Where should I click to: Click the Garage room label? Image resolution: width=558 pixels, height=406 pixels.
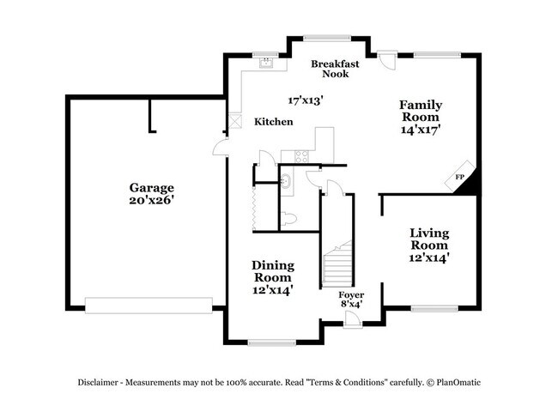pos(152,187)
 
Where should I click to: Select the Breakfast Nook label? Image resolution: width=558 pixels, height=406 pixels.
pos(336,69)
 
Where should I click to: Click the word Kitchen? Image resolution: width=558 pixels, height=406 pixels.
pos(274,122)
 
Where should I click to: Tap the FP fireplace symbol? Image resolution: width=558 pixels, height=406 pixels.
pos(459,178)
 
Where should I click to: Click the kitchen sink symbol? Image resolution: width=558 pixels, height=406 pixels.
pos(266,63)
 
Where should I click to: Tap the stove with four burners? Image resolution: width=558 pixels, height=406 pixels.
pos(302,156)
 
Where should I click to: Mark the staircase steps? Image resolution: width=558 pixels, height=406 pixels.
pos(337,262)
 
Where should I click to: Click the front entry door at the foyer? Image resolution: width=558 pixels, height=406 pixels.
pos(351,320)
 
